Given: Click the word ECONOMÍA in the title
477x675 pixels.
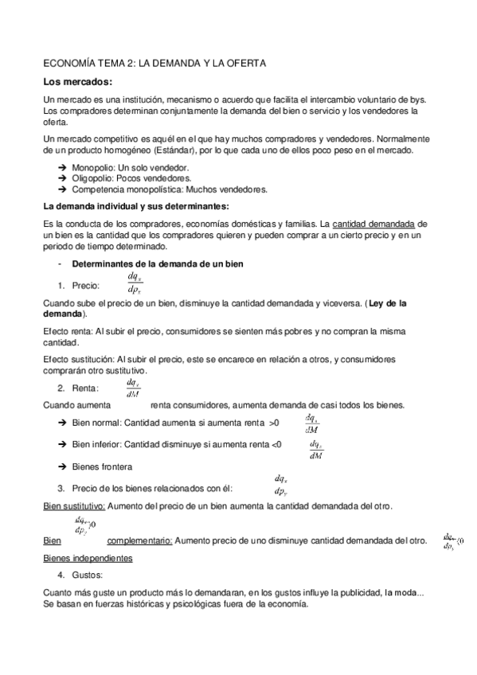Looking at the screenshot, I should pos(70,61).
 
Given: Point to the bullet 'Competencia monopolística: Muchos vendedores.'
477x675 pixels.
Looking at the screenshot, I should pos(170,189).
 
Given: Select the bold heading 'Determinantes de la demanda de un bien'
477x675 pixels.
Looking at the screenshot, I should pos(163,263).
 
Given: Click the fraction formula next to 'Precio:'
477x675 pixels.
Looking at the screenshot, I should pos(134,283).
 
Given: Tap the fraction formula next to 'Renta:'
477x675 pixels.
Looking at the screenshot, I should pos(132,388).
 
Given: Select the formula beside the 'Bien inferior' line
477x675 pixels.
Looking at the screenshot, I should pos(316,449).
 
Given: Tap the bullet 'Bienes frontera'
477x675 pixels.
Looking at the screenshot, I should pos(102,466).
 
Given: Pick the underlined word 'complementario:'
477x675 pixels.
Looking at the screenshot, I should pos(140,540).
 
